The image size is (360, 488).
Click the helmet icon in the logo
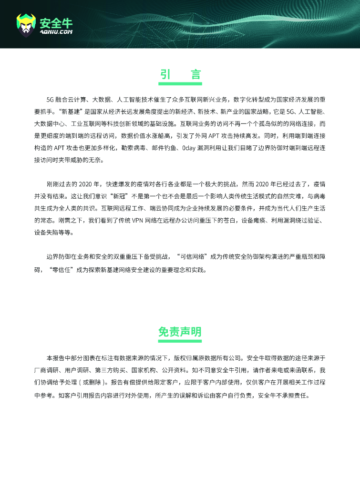pyautogui.click(x=26, y=25)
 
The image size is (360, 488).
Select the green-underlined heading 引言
pyautogui.click(x=180, y=75)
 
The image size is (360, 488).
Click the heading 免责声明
pyautogui.click(x=180, y=332)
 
